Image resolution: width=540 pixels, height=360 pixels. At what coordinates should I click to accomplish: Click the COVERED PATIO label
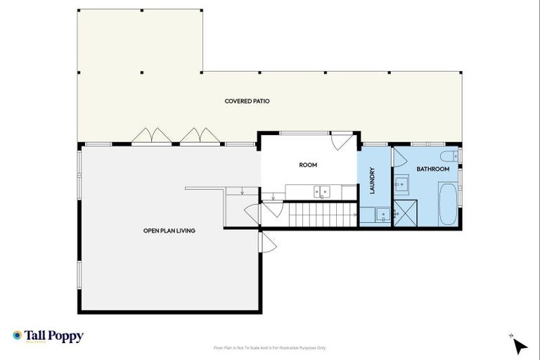pyautogui.click(x=247, y=101)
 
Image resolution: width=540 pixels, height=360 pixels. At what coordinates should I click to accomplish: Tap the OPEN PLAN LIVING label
pyautogui.click(x=169, y=231)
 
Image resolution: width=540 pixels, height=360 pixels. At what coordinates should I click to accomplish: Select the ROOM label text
pyautogui.click(x=308, y=165)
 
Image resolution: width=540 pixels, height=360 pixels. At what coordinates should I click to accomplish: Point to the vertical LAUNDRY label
pyautogui.click(x=373, y=181)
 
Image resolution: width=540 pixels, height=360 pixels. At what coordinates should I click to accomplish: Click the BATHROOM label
pyautogui.click(x=432, y=169)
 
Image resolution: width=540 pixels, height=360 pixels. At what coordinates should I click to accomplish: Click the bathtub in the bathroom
pyautogui.click(x=447, y=204)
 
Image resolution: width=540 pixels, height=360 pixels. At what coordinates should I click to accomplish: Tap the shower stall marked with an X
pyautogui.click(x=404, y=212)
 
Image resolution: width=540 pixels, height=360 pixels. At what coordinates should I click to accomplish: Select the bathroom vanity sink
pyautogui.click(x=401, y=185)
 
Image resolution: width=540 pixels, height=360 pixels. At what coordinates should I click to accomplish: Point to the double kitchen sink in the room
pyautogui.click(x=322, y=191)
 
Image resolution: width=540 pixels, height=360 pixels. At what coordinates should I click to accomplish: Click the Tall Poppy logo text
pyautogui.click(x=54, y=336)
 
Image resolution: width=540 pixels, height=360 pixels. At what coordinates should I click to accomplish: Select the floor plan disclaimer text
pyautogui.click(x=269, y=348)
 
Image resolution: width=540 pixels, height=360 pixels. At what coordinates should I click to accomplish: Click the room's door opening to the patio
pyautogui.click(x=342, y=141)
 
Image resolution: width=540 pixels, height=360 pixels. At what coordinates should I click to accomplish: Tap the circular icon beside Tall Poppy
pyautogui.click(x=17, y=335)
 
